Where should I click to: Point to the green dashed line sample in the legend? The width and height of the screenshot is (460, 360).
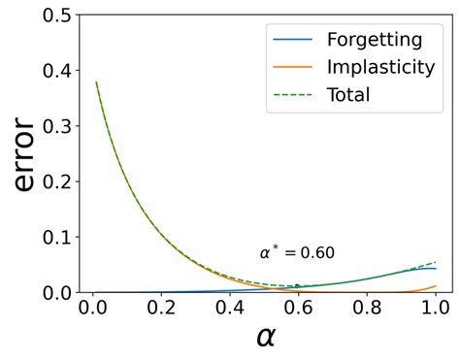pos(291,95)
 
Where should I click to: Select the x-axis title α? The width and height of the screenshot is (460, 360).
pos(265,337)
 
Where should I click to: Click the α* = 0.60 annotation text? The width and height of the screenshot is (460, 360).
pos(297,253)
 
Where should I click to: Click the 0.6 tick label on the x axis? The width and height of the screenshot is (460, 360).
pos(299,308)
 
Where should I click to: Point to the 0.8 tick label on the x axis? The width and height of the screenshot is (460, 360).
pos(368,308)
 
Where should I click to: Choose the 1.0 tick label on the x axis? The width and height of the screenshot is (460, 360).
pos(437,308)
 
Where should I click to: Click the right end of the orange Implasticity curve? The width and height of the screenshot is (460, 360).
pos(437,286)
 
